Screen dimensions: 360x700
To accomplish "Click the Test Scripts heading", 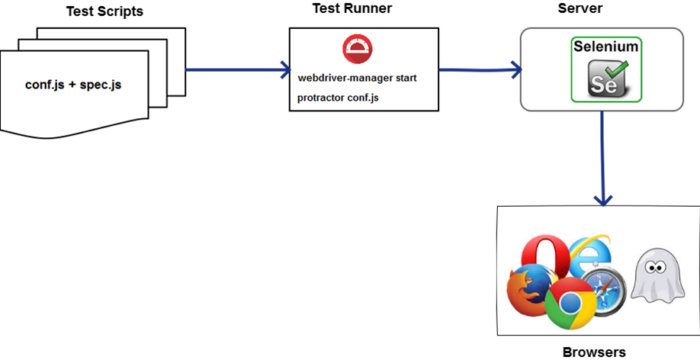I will pyautogui.click(x=105, y=12).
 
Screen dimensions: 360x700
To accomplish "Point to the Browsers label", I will pyautogui.click(x=593, y=352).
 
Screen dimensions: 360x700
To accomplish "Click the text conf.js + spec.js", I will pyautogui.click(x=73, y=85).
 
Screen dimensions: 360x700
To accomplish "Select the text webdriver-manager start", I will pyautogui.click(x=357, y=79).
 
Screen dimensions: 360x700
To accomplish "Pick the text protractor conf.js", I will pyautogui.click(x=338, y=98).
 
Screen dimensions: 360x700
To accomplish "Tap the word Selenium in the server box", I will pyautogui.click(x=607, y=47).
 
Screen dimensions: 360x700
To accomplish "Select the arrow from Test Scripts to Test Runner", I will pyautogui.click(x=236, y=71).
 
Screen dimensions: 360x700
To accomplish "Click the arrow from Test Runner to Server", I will pyautogui.click(x=480, y=70).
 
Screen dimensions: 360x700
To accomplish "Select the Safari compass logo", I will pyautogui.click(x=608, y=289).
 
